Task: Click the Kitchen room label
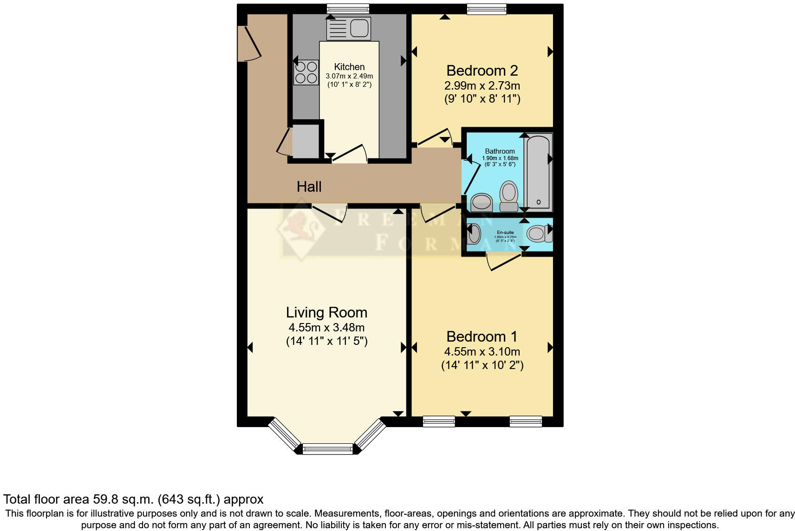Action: (x=349, y=67)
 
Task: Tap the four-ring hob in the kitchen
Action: (x=306, y=72)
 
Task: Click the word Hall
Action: (x=309, y=187)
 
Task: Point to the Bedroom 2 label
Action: (x=482, y=71)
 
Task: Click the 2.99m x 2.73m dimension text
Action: (x=482, y=85)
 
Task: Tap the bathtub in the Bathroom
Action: (x=538, y=172)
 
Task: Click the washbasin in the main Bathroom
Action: (x=481, y=202)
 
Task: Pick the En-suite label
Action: (x=505, y=232)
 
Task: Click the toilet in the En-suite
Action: (x=539, y=233)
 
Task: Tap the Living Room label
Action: (x=326, y=312)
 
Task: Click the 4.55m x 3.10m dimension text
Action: (x=482, y=351)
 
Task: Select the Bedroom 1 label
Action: (x=482, y=336)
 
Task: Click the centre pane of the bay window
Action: (x=328, y=448)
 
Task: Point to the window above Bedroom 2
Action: (x=486, y=8)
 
